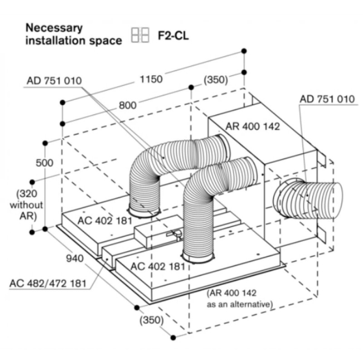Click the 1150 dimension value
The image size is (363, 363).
tap(151, 79)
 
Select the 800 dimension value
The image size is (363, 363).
tap(128, 105)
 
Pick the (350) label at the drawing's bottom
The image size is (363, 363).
tap(151, 320)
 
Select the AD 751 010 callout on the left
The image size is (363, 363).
tap(54, 81)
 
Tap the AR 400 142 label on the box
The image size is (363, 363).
tap(253, 126)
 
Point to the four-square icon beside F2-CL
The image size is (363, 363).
tap(140, 35)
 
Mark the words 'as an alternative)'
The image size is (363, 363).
tap(240, 304)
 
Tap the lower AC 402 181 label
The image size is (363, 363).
tap(157, 266)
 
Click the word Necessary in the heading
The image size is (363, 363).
tap(54, 27)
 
